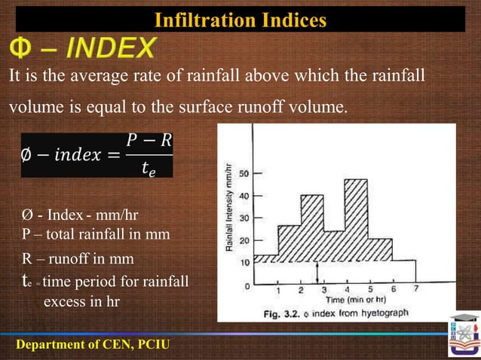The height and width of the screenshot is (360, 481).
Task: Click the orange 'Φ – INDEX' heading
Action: pyautogui.click(x=83, y=50)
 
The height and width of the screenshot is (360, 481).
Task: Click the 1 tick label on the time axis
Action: pyautogui.click(x=278, y=290)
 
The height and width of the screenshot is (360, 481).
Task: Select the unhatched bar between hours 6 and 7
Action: pyautogui.click(x=404, y=272)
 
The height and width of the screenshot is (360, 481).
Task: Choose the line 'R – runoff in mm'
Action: pyautogui.click(x=78, y=259)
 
